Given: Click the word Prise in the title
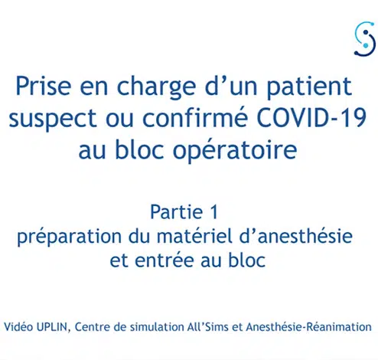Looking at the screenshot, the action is tap(44, 86).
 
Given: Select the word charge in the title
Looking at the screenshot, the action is tap(156, 88).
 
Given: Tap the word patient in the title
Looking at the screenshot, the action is tap(310, 88).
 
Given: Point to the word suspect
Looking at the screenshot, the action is tap(53, 119).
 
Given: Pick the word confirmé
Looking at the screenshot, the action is tap(195, 117).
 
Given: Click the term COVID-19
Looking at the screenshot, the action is tap(311, 118).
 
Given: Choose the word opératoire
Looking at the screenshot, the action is tap(235, 150).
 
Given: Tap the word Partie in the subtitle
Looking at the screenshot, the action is tap(177, 212).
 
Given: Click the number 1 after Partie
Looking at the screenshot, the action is tap(214, 212).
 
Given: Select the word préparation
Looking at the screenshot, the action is tap(69, 237).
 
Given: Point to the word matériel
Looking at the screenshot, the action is tap(194, 236).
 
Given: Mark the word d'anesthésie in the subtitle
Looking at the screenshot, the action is tap(296, 236).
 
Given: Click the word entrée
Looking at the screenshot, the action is tap(164, 260).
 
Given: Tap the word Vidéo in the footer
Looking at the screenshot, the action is tap(18, 327).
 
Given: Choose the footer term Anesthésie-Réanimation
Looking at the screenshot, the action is tap(308, 327).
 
